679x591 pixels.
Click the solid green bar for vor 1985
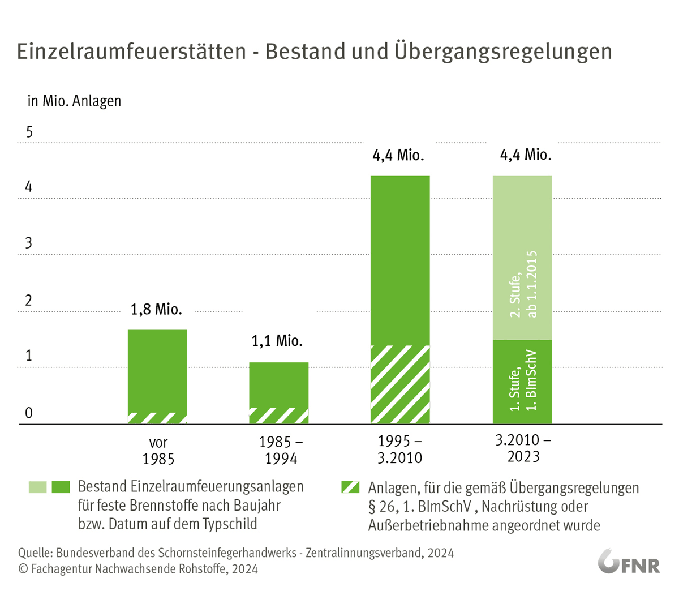(x=157, y=371)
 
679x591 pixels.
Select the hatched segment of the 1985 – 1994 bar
(x=279, y=416)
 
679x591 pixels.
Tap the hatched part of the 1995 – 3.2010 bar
(x=400, y=384)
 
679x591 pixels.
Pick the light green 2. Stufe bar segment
(x=522, y=258)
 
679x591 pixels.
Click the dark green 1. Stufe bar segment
(x=522, y=382)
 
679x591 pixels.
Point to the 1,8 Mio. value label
(x=156, y=310)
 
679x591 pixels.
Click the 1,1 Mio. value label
(x=277, y=341)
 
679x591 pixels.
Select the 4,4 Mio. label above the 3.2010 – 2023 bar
(x=526, y=155)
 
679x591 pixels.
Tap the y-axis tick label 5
(x=29, y=132)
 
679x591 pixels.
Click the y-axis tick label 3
(x=29, y=243)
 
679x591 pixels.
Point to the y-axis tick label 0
(x=29, y=413)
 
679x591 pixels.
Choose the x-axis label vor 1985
(x=158, y=451)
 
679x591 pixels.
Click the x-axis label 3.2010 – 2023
(x=523, y=448)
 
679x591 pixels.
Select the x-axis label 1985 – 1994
(x=281, y=450)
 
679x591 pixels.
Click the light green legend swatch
(x=38, y=487)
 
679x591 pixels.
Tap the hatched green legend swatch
(x=351, y=487)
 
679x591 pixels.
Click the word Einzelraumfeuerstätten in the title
(x=131, y=51)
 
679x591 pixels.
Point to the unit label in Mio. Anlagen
(x=74, y=101)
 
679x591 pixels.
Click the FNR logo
(x=629, y=562)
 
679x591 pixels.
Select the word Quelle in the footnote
(x=35, y=553)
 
